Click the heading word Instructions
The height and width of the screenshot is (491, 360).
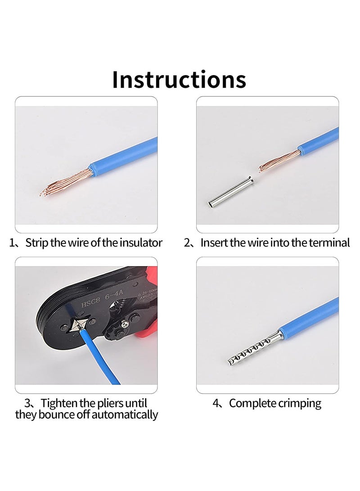click(x=179, y=79)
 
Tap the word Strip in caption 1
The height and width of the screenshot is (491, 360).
click(x=36, y=243)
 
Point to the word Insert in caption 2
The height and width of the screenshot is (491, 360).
click(x=214, y=243)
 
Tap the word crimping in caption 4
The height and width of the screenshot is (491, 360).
click(x=299, y=403)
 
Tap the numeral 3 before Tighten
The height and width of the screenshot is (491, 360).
click(x=27, y=403)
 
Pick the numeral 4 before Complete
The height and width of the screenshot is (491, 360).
click(x=216, y=403)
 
